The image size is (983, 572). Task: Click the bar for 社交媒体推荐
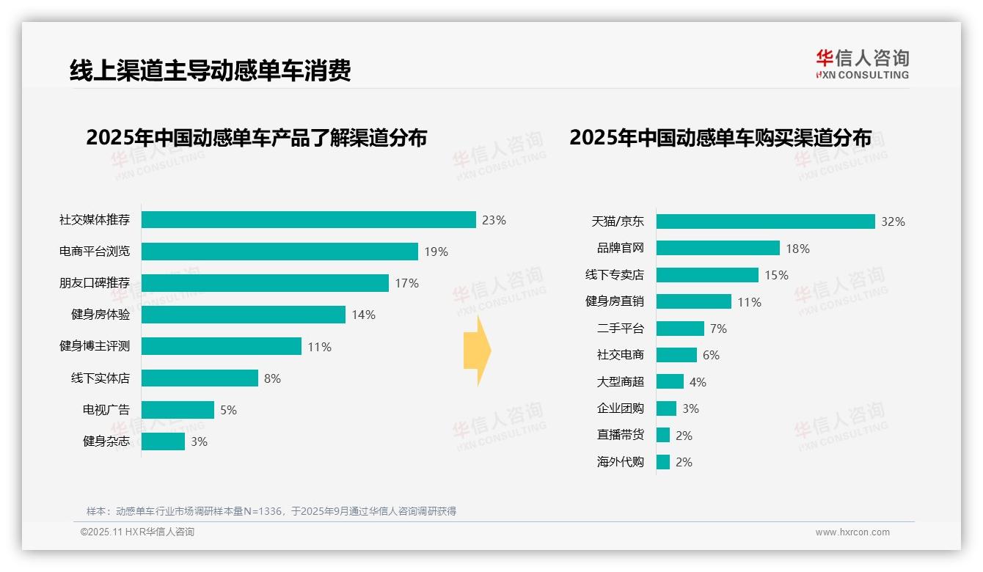(308, 219)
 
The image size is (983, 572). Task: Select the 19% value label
(436, 252)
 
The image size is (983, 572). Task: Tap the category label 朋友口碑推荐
(95, 283)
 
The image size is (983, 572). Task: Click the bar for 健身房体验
(243, 315)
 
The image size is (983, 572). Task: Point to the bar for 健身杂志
(163, 441)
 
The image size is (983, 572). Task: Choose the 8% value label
(272, 378)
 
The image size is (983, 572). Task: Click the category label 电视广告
(106, 410)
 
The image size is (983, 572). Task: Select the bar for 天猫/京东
(765, 221)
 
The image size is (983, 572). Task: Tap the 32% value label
(893, 221)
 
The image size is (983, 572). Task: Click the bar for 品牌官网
(717, 248)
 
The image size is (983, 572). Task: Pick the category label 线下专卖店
(615, 275)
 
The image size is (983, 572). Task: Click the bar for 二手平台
(680, 329)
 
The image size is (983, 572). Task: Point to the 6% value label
(711, 355)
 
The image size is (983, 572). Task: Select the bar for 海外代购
(663, 462)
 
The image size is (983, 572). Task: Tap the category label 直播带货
(621, 435)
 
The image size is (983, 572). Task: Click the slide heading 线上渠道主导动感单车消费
(211, 70)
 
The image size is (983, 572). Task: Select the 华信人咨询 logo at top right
(862, 65)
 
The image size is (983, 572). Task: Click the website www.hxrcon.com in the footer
(852, 532)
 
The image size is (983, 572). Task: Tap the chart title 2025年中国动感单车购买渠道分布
(720, 138)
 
